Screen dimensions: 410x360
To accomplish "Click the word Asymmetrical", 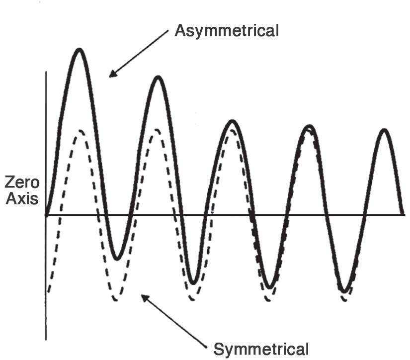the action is pyautogui.click(x=227, y=31).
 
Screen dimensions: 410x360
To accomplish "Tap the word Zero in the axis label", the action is pyautogui.click(x=22, y=182).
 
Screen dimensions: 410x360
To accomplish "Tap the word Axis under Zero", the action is pyautogui.click(x=22, y=199).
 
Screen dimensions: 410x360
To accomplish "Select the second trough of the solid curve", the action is pyautogui.click(x=194, y=283).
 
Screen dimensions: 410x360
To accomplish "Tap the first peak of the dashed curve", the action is pyautogui.click(x=80, y=131).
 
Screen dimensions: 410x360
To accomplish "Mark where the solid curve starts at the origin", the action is pyautogui.click(x=46, y=215).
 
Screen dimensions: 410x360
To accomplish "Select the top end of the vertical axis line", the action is pyautogui.click(x=46, y=72).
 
